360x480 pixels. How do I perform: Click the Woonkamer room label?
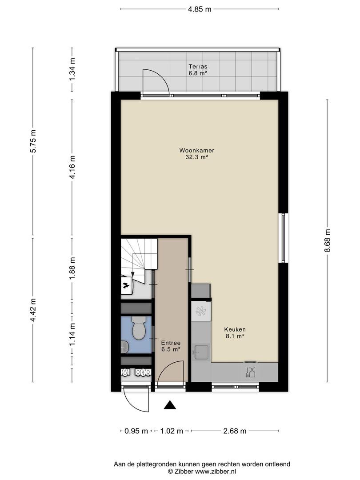pyautogui.click(x=196, y=150)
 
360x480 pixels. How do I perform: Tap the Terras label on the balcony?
pyautogui.click(x=198, y=66)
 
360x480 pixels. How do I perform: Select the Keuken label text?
pyautogui.click(x=235, y=329)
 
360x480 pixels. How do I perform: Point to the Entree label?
pyautogui.click(x=171, y=343)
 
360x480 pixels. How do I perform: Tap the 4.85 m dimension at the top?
pyautogui.click(x=200, y=9)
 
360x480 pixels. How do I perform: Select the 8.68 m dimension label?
pyautogui.click(x=328, y=240)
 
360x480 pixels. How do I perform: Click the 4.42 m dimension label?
pyautogui.click(x=33, y=310)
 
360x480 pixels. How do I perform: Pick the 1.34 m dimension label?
pyautogui.click(x=72, y=69)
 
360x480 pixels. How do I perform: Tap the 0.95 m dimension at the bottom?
pyautogui.click(x=136, y=431)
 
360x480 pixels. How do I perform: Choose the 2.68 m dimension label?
pyautogui.click(x=235, y=431)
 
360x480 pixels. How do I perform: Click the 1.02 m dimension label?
pyautogui.click(x=172, y=431)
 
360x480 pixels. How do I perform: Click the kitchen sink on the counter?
pyautogui.click(x=201, y=352)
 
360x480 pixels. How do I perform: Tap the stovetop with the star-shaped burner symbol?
pyautogui.click(x=201, y=312)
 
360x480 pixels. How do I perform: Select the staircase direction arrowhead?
pyautogui.click(x=132, y=274)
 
